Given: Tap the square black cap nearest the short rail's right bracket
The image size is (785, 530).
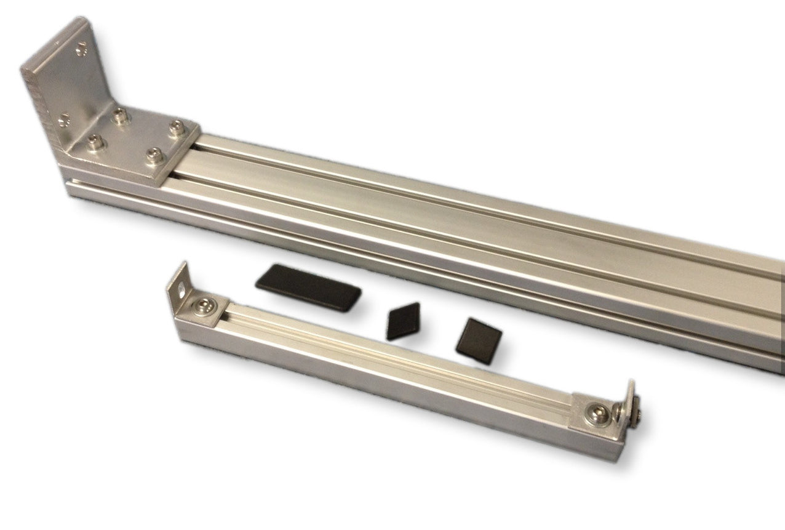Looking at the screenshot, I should pyautogui.click(x=480, y=340).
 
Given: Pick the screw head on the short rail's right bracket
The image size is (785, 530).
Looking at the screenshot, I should pyautogui.click(x=598, y=413).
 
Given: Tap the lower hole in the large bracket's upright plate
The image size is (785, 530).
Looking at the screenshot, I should pyautogui.click(x=63, y=117).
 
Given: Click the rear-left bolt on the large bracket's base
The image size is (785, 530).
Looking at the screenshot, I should pyautogui.click(x=121, y=115).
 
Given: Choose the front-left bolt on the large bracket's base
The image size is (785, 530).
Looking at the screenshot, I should pyautogui.click(x=95, y=144).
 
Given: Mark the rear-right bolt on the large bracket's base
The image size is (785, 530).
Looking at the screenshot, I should pyautogui.click(x=175, y=129).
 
